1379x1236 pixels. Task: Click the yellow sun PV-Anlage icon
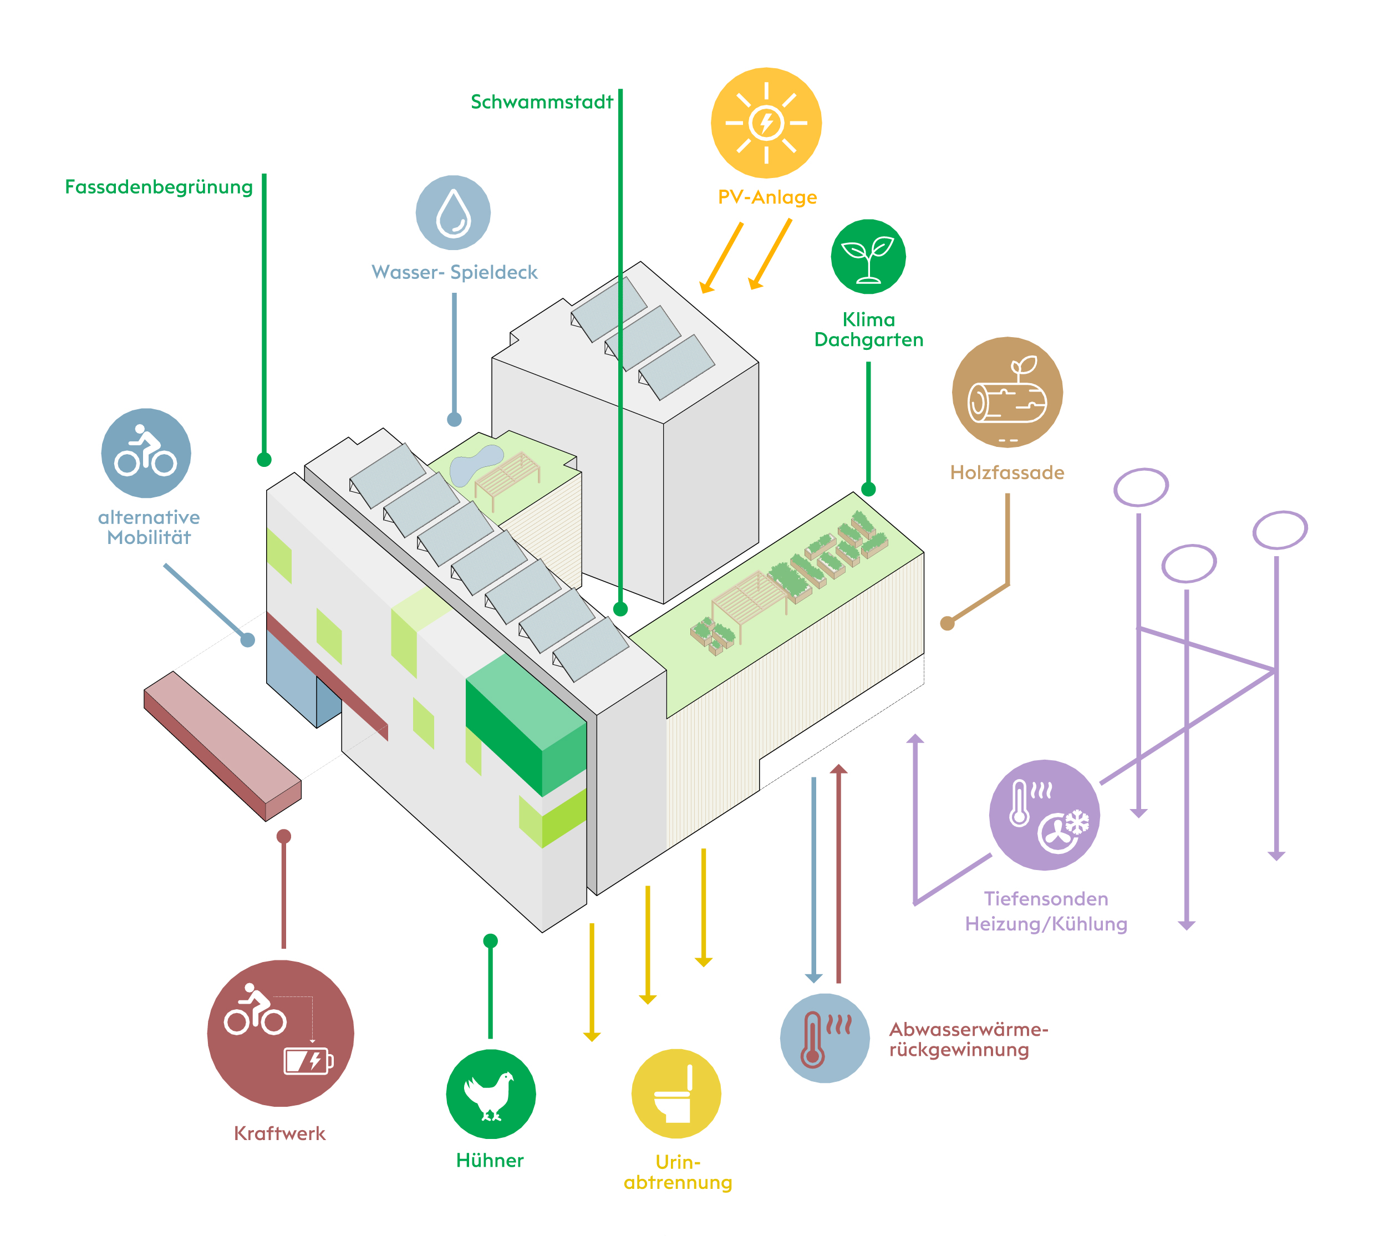click(765, 123)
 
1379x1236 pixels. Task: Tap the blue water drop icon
click(453, 212)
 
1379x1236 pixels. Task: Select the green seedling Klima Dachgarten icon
click(868, 257)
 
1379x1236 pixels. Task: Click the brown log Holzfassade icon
click(1006, 393)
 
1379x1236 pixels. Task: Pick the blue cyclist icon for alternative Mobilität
click(146, 453)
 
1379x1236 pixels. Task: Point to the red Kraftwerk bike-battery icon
click(281, 1033)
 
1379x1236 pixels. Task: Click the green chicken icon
click(490, 1094)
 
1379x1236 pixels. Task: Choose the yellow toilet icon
click(675, 1094)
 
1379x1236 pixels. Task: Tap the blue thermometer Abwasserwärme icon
click(825, 1039)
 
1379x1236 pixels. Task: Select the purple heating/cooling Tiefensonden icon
click(1044, 815)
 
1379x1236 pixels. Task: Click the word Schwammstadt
click(541, 102)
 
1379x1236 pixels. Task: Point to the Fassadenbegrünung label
click(158, 187)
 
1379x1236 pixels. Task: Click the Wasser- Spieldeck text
click(454, 272)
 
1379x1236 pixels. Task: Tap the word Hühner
click(490, 1160)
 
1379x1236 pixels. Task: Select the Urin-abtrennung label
click(678, 1172)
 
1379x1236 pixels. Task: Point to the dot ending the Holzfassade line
click(947, 623)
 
